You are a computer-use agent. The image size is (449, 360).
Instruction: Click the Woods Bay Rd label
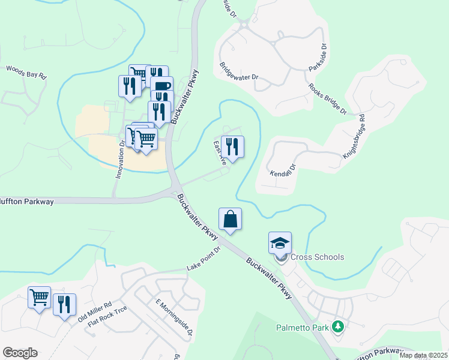click(26, 72)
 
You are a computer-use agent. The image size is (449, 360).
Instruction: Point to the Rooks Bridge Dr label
click(328, 98)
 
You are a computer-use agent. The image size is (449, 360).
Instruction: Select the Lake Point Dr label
click(204, 258)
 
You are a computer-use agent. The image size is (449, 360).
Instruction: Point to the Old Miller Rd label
click(94, 313)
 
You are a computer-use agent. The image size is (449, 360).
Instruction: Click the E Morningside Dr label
click(174, 317)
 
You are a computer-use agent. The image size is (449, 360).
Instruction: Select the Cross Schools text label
click(318, 257)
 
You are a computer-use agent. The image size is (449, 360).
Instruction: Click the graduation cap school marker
click(280, 243)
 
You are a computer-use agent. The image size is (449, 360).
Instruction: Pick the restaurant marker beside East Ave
click(232, 146)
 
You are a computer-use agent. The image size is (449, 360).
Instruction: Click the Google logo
click(20, 353)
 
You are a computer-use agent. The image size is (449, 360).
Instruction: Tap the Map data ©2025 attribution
click(423, 355)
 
